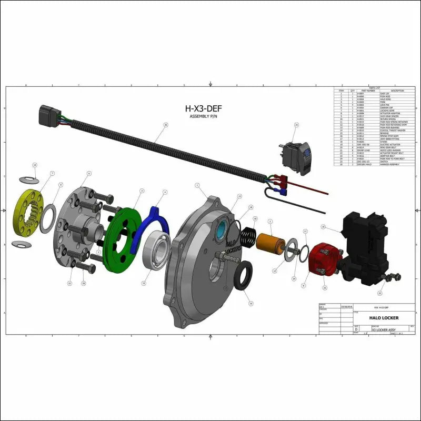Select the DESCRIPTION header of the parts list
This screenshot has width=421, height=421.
pos(397,91)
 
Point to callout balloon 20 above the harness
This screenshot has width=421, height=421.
pos(165,125)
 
